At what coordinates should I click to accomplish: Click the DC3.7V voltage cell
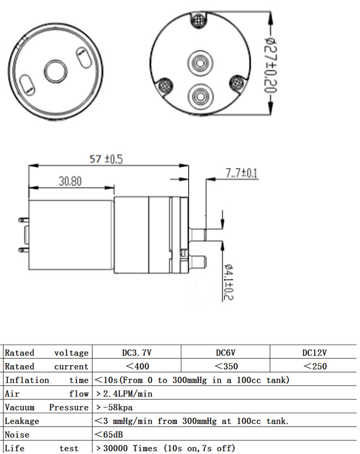pos(137,352)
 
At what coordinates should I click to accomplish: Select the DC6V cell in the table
pos(225,352)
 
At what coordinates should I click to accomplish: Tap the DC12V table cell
pos(314,352)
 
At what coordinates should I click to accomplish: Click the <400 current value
pos(137,366)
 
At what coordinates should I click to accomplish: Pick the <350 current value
pos(226,366)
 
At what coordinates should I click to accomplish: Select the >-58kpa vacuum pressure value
pos(114,407)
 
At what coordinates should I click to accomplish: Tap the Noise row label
pos(17,434)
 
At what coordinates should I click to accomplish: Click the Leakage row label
pos(22,421)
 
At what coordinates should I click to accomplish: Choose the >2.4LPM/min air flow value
pos(124,394)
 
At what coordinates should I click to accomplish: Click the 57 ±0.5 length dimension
pos(105,159)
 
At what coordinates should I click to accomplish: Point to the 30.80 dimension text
pos(70,181)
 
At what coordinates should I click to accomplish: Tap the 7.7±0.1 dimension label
pos(242,173)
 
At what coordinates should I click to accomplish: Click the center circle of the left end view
pos(54,70)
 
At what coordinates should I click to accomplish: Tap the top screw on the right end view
pos(199,21)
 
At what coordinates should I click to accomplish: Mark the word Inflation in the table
pos(27,380)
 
